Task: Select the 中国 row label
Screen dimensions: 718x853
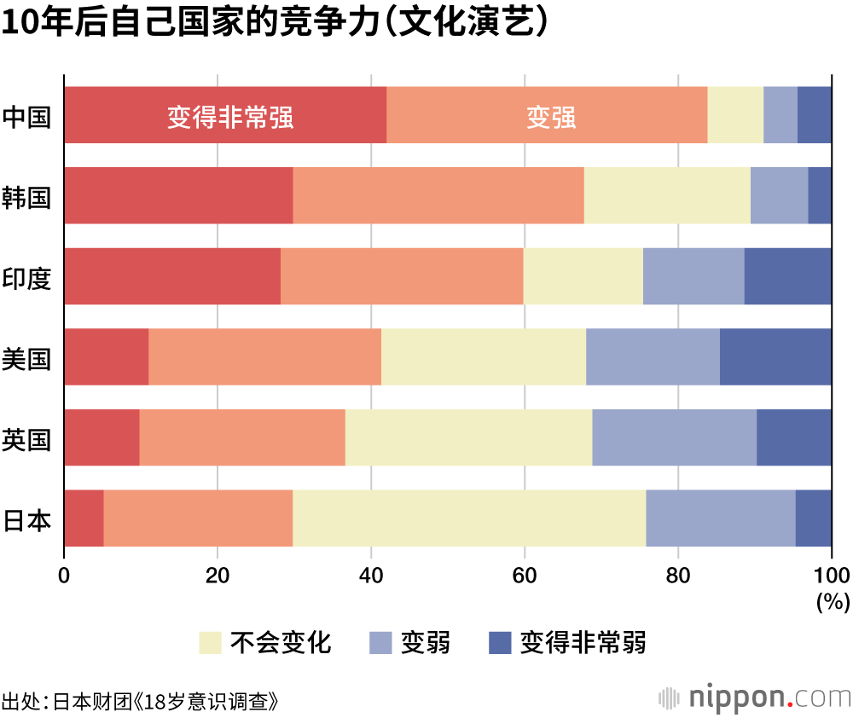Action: pyautogui.click(x=26, y=116)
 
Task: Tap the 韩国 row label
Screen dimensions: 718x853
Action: pyautogui.click(x=26, y=197)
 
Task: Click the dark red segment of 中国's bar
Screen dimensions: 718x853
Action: pyautogui.click(x=225, y=115)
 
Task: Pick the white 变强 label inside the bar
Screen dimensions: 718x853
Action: pyautogui.click(x=551, y=118)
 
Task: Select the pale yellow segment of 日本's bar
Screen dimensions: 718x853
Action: pyautogui.click(x=469, y=518)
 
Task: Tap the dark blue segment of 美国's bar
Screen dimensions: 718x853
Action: pyautogui.click(x=775, y=356)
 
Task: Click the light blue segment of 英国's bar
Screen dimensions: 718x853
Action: pyautogui.click(x=674, y=437)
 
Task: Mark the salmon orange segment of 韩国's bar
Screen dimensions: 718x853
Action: pyautogui.click(x=438, y=195)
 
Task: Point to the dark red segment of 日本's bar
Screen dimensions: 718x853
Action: pyautogui.click(x=84, y=518)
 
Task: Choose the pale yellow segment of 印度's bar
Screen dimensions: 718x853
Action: pyautogui.click(x=583, y=276)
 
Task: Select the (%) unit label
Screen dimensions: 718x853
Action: pyautogui.click(x=833, y=602)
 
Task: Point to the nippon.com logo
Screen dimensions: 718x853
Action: pyautogui.click(x=754, y=697)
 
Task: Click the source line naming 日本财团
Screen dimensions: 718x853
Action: pyautogui.click(x=141, y=702)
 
